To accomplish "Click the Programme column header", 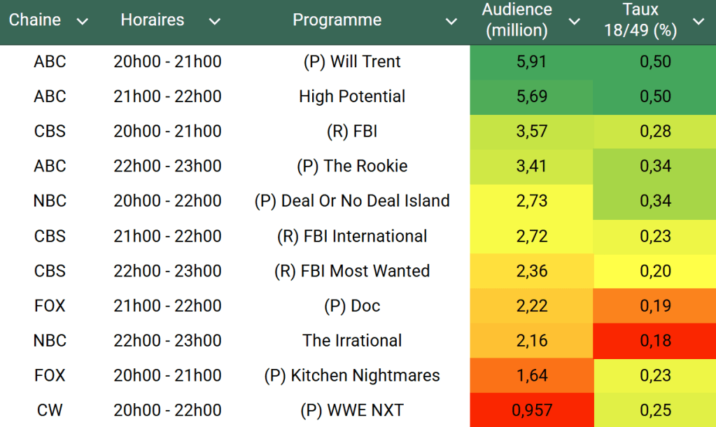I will [337, 20].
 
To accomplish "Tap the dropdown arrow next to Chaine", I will [83, 22].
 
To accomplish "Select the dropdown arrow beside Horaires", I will [215, 22].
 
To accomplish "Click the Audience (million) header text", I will [517, 20].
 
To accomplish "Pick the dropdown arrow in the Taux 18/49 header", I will [699, 22].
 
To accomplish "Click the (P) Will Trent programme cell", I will [352, 62].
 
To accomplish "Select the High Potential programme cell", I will [352, 97].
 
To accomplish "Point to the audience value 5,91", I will [531, 62].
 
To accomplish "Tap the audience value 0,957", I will [531, 410].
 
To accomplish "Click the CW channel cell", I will [50, 410].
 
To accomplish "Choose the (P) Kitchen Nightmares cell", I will [352, 375].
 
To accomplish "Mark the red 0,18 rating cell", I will [655, 341].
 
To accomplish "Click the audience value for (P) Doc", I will [531, 306].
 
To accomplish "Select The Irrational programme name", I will [352, 341].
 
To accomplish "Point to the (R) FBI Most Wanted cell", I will [352, 271].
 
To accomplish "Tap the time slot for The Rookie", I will [167, 167].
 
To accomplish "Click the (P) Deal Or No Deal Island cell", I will [352, 201].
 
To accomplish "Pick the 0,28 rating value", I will [655, 132].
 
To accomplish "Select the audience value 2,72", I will [531, 236].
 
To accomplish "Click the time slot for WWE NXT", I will [167, 410].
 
